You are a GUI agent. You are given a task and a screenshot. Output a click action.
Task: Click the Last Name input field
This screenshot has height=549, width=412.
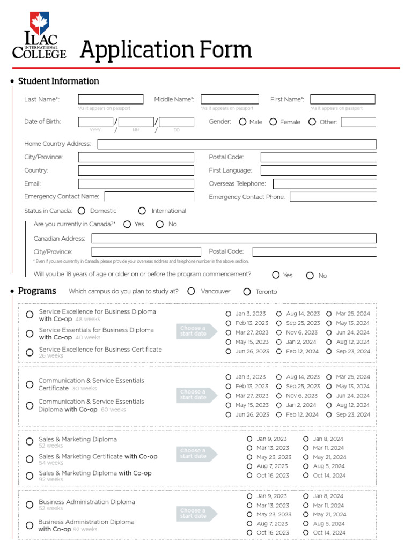coord(111,99)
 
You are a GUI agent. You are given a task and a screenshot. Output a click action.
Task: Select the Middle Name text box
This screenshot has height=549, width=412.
coord(230,99)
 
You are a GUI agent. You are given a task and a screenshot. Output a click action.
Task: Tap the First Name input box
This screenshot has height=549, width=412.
coord(342,99)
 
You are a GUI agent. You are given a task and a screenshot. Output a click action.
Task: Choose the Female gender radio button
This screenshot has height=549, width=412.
coord(273,122)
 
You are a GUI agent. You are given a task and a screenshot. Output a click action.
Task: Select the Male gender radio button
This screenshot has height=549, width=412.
coord(242,122)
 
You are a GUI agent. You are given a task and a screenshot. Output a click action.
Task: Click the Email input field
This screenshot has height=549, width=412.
coord(136,184)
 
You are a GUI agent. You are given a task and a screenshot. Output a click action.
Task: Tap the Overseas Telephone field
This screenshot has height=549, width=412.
coord(325,184)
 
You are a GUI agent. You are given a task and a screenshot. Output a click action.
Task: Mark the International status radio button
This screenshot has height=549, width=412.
coord(142,211)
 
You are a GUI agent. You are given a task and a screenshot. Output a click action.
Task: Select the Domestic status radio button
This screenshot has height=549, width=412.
coord(82,211)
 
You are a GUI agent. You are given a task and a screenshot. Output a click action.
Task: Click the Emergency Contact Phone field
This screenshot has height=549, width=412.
coord(333,197)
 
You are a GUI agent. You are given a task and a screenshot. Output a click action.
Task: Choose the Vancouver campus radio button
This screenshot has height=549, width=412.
coord(192,291)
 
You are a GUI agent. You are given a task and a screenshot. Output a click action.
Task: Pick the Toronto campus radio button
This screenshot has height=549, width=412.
coord(247,292)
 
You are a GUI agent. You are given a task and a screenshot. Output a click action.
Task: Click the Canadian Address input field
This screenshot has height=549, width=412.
coord(234,239)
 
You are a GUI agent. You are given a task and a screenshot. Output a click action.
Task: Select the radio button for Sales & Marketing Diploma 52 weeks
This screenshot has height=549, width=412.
coord(30,442)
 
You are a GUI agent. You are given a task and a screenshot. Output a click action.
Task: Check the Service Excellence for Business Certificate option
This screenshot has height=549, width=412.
coord(30,352)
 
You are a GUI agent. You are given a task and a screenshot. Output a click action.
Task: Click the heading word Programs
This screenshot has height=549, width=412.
coord(37,291)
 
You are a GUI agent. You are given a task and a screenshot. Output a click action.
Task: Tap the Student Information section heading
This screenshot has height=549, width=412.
coord(58,81)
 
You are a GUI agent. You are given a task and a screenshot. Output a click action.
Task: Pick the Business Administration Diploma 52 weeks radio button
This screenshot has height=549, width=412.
coord(30,505)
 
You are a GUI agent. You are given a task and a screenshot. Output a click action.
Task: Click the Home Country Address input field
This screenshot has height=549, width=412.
coord(237,144)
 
